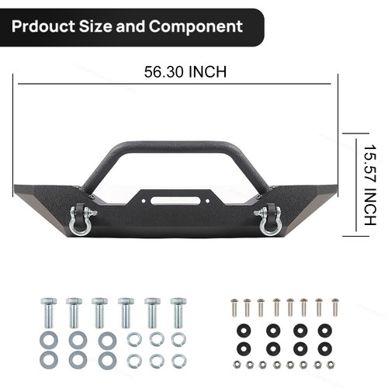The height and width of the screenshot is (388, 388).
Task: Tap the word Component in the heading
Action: [196, 26]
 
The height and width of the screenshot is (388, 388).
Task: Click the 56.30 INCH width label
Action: [185, 72]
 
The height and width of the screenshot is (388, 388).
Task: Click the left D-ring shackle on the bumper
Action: [81, 220]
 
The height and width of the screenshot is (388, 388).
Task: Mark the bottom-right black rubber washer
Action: [323, 346]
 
